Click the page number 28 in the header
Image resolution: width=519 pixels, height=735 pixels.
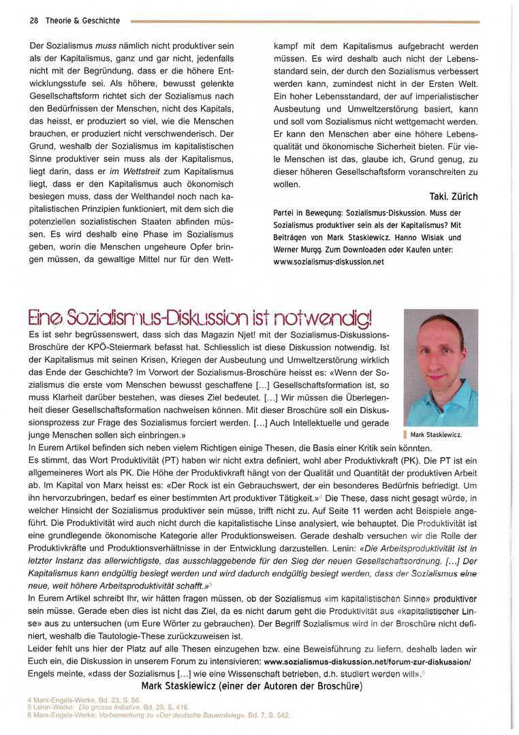pos(33,20)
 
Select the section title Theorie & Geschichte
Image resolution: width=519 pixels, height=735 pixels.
pos(82,20)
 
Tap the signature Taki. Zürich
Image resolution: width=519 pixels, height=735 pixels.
pos(454,197)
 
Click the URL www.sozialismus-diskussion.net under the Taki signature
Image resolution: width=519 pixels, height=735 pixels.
pos(328,261)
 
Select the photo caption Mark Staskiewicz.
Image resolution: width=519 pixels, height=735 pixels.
pos(437,434)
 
